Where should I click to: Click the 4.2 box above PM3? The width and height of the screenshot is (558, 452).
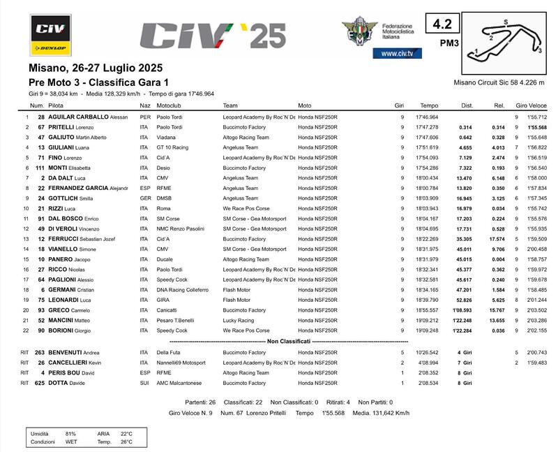click(x=442, y=24)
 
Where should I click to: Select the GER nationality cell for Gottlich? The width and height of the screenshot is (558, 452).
click(x=145, y=198)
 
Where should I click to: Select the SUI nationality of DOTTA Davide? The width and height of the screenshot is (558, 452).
click(x=145, y=383)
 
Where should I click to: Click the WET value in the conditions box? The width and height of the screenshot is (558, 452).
click(x=70, y=442)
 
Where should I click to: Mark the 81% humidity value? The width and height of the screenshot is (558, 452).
click(x=70, y=434)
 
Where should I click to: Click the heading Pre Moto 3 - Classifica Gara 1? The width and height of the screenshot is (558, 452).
click(x=98, y=83)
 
